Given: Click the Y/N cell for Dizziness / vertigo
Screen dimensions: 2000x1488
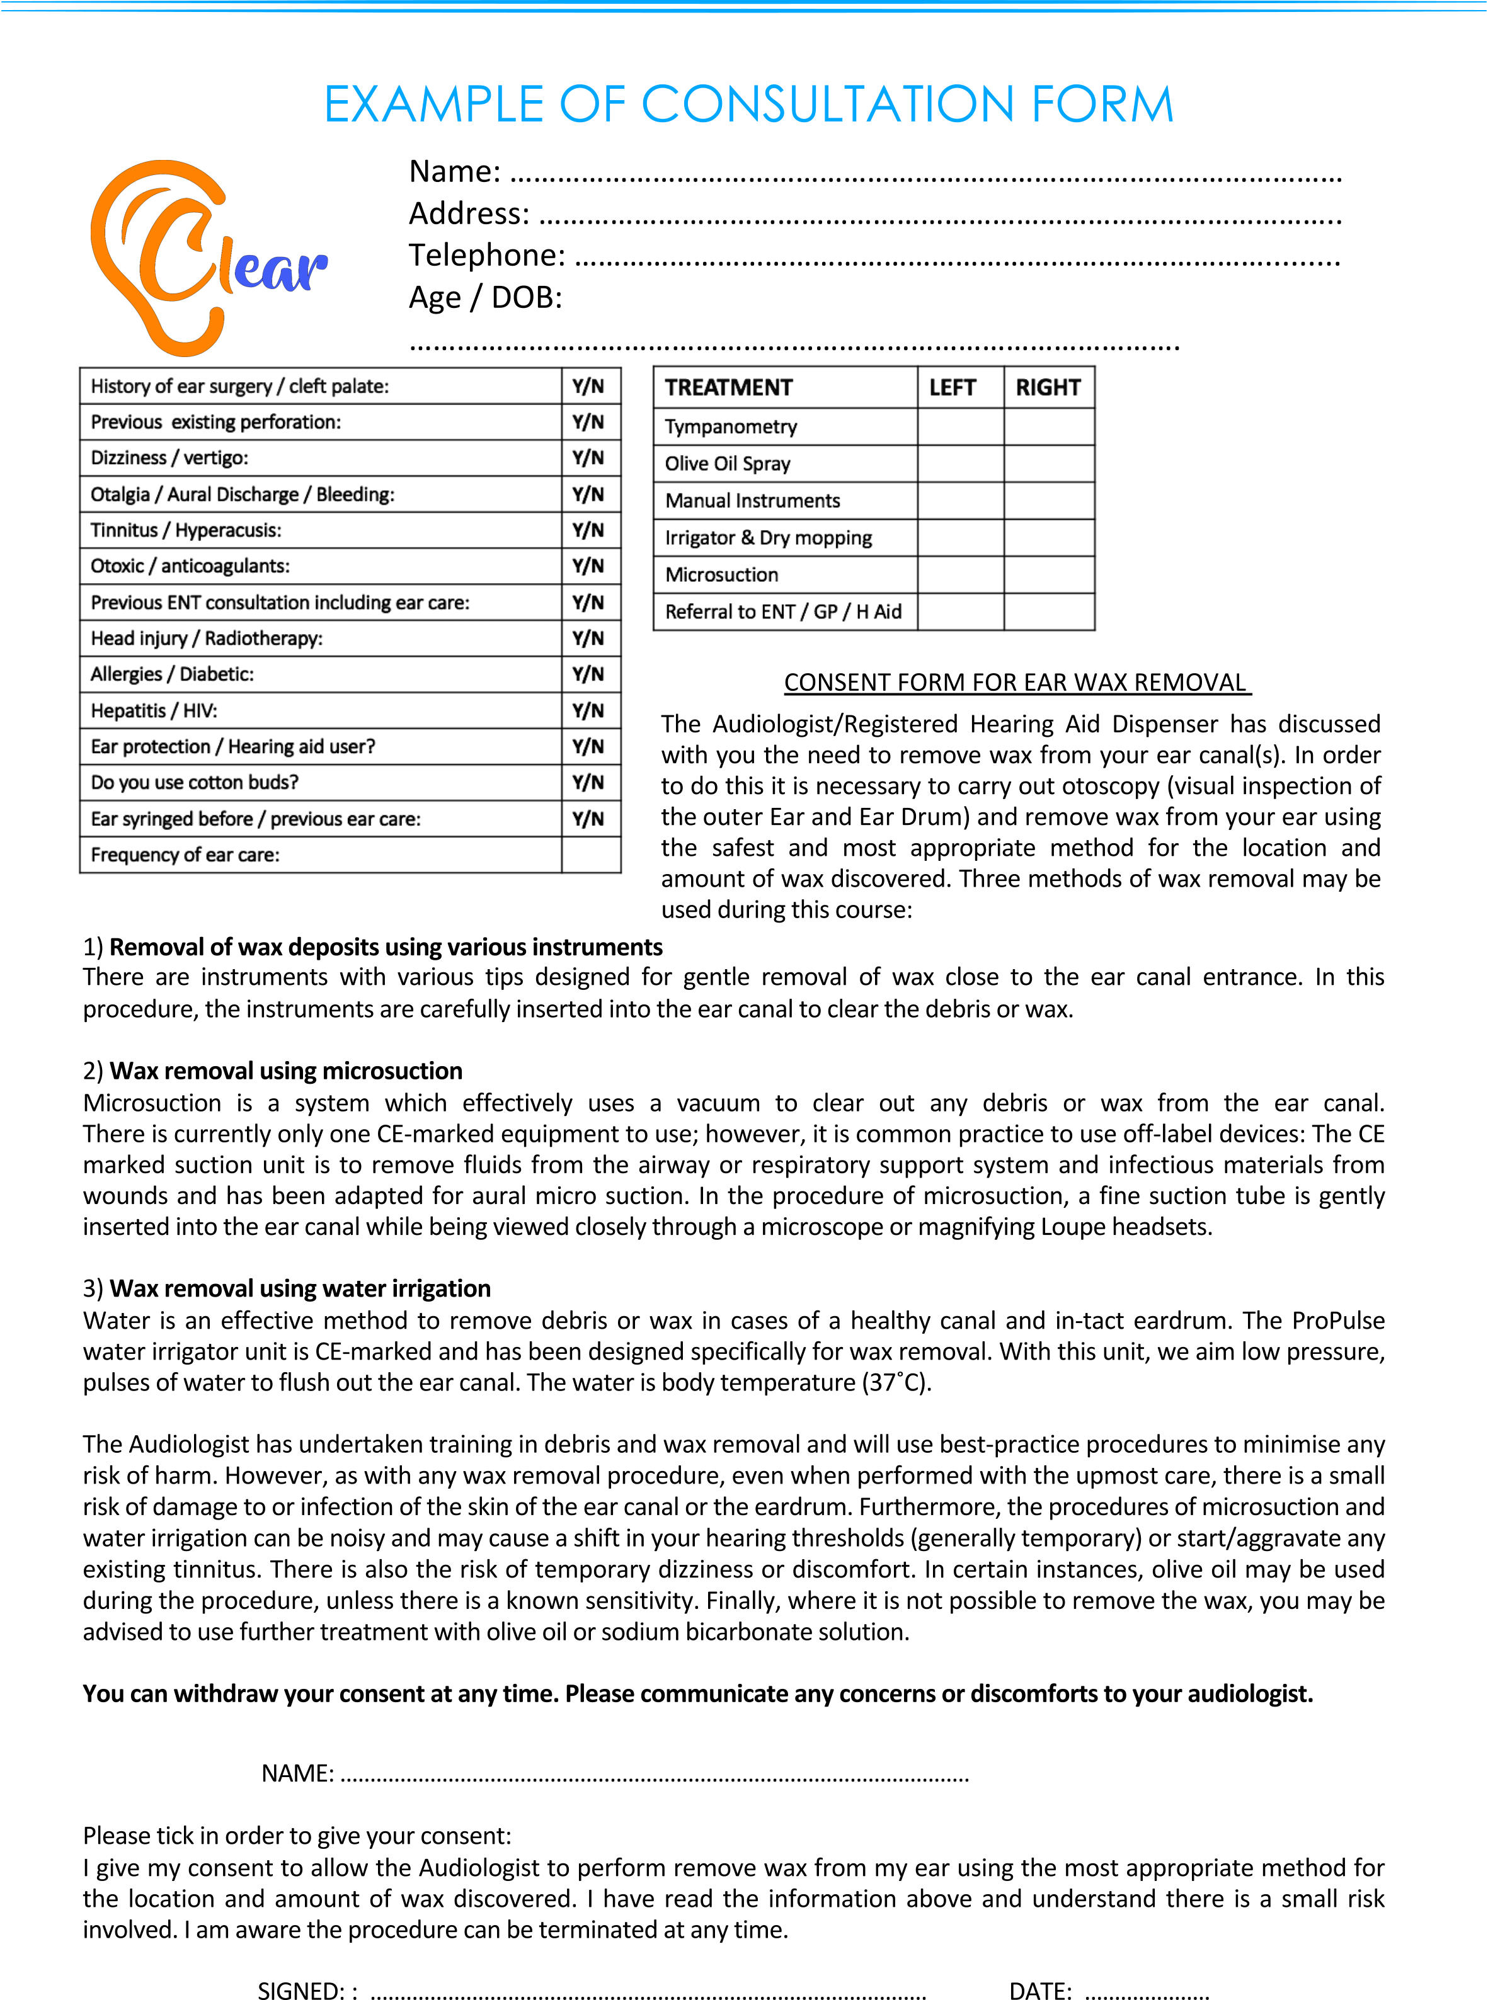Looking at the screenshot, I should click(x=589, y=457).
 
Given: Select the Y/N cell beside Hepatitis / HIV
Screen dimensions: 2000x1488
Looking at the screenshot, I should click(x=589, y=710).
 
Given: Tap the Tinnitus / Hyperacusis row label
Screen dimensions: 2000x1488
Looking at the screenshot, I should click(x=186, y=530).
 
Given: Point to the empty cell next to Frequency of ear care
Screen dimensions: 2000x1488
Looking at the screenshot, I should click(x=591, y=855).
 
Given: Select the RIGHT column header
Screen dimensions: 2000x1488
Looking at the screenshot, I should click(x=1048, y=387).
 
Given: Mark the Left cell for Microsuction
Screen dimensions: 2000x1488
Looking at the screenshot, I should click(x=960, y=574).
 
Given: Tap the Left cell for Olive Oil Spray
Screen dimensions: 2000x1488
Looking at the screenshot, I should click(x=960, y=463).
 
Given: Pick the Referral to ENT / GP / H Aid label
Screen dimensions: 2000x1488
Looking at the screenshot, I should click(x=782, y=611).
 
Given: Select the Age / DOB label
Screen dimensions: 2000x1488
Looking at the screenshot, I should click(x=486, y=297).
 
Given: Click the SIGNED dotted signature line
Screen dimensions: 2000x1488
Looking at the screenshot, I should click(x=648, y=1992).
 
